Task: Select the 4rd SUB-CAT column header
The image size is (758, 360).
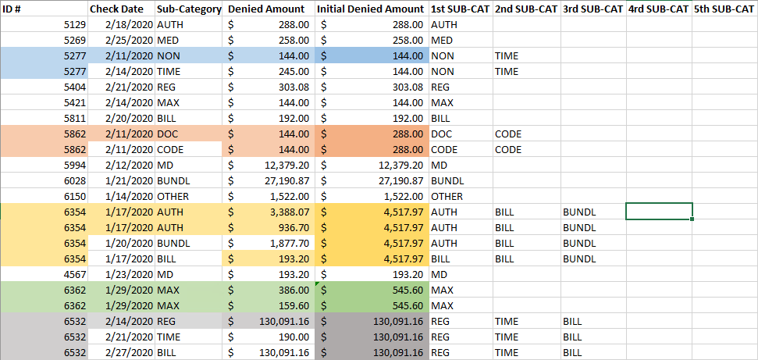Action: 657,9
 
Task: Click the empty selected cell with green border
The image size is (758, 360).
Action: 658,212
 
